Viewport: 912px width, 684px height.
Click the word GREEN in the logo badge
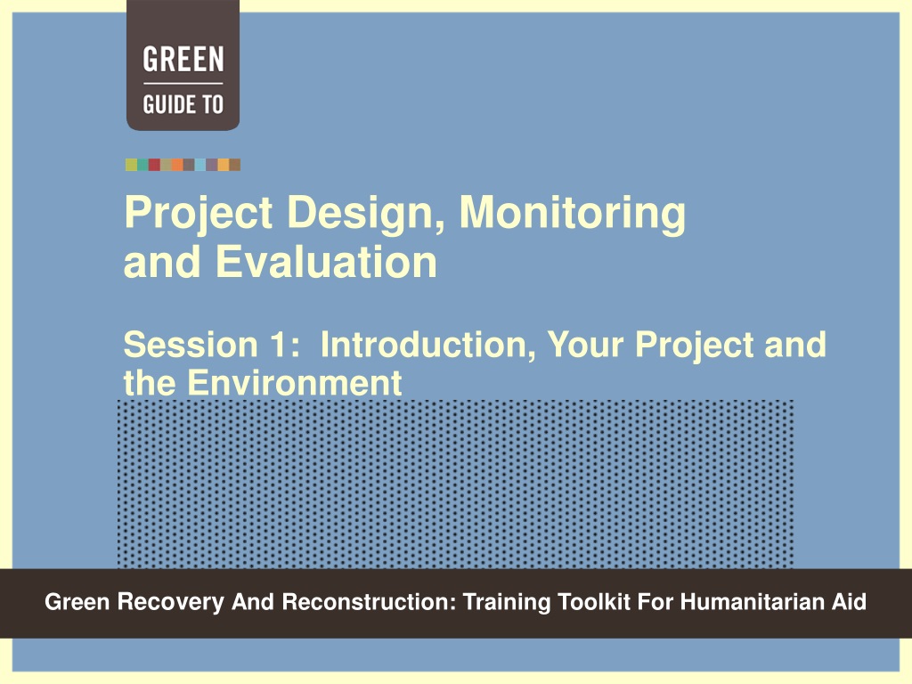coord(183,60)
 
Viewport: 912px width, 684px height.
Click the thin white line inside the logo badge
coord(183,84)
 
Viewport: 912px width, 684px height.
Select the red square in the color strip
coord(154,165)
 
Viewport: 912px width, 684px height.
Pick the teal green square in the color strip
coord(142,165)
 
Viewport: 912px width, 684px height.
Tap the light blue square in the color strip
coord(200,165)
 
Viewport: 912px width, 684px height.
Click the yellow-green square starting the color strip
coord(131,165)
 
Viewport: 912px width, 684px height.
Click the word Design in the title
coord(367,213)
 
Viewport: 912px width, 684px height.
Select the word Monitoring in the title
coord(573,213)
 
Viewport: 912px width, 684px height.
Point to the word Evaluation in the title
coord(326,262)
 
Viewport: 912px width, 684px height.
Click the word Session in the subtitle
coord(191,345)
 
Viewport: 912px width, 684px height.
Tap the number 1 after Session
coord(283,345)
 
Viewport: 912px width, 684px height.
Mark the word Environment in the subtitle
coord(294,383)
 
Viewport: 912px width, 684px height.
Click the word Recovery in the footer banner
coord(170,601)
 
